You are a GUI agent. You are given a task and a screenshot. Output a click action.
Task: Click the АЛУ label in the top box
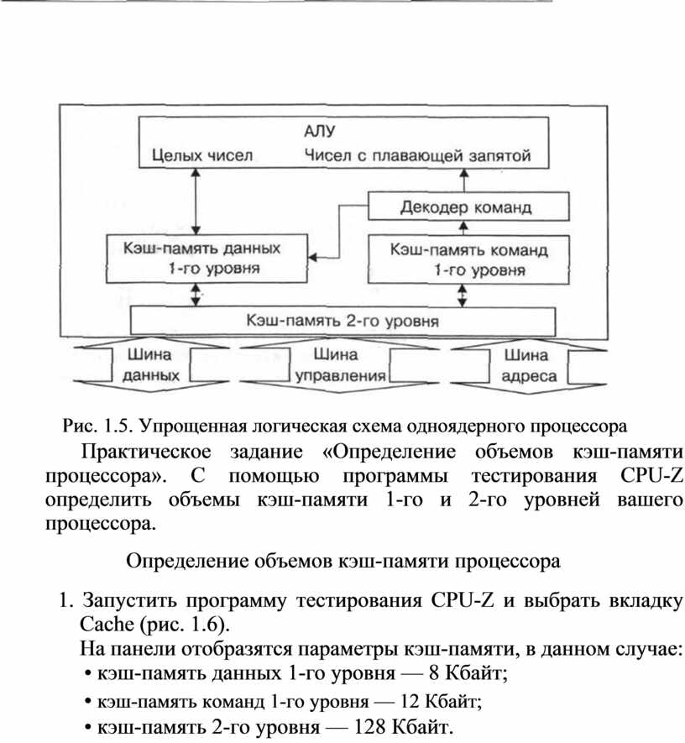[319, 131]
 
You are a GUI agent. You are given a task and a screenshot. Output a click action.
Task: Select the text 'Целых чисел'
[202, 155]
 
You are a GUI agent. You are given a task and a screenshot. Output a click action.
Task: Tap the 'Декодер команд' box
[468, 207]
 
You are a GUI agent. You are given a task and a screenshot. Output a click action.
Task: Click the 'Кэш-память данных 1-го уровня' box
[207, 259]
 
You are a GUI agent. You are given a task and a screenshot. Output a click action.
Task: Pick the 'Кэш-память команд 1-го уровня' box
[468, 260]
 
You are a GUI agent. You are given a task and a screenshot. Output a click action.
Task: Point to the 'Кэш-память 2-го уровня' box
[342, 322]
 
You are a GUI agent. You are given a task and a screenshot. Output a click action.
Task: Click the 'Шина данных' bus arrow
[150, 365]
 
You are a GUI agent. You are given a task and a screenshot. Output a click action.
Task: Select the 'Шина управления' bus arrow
[339, 365]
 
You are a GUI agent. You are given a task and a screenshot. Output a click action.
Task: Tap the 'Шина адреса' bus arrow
[529, 366]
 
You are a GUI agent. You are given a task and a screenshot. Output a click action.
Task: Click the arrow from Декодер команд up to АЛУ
[464, 180]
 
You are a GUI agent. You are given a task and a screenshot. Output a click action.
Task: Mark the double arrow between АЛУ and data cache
[195, 201]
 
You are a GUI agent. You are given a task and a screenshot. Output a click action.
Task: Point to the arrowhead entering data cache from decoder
[312, 258]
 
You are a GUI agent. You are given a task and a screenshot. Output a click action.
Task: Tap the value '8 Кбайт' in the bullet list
[468, 672]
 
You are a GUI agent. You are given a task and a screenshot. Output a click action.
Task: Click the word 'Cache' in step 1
[107, 624]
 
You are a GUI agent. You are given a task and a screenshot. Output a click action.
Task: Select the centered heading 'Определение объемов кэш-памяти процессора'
[343, 561]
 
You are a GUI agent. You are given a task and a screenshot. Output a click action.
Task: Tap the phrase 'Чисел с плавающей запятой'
[417, 155]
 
